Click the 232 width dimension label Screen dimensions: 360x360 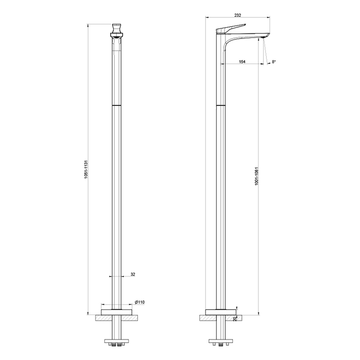237,15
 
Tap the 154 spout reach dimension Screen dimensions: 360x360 242,62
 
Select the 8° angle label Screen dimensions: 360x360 274,62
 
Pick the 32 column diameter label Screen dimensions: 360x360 133,274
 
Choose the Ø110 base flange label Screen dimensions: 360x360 140,302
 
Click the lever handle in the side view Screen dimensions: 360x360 231,28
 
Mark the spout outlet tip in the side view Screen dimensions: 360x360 264,37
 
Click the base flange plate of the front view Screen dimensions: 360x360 116,307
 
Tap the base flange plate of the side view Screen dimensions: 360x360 220,312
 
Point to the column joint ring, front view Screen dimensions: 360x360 116,104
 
